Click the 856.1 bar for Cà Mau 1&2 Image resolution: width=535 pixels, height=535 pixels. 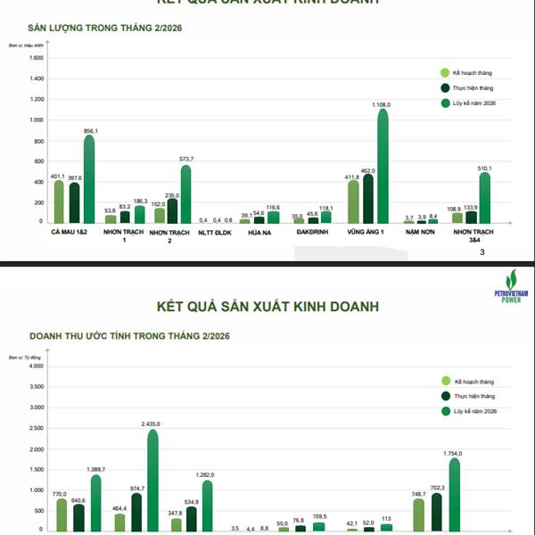88,178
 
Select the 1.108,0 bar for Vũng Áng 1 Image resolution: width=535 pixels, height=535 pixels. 383,166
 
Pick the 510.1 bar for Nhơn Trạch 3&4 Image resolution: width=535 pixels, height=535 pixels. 484,197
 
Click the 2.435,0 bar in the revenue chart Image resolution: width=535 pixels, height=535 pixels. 152,481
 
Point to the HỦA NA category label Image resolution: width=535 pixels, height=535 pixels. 259,233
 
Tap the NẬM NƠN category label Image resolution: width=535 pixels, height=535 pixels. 421,233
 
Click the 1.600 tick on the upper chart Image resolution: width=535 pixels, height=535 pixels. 37,58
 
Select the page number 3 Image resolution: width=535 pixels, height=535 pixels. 482,252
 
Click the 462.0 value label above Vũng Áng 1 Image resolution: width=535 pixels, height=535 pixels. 366,170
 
